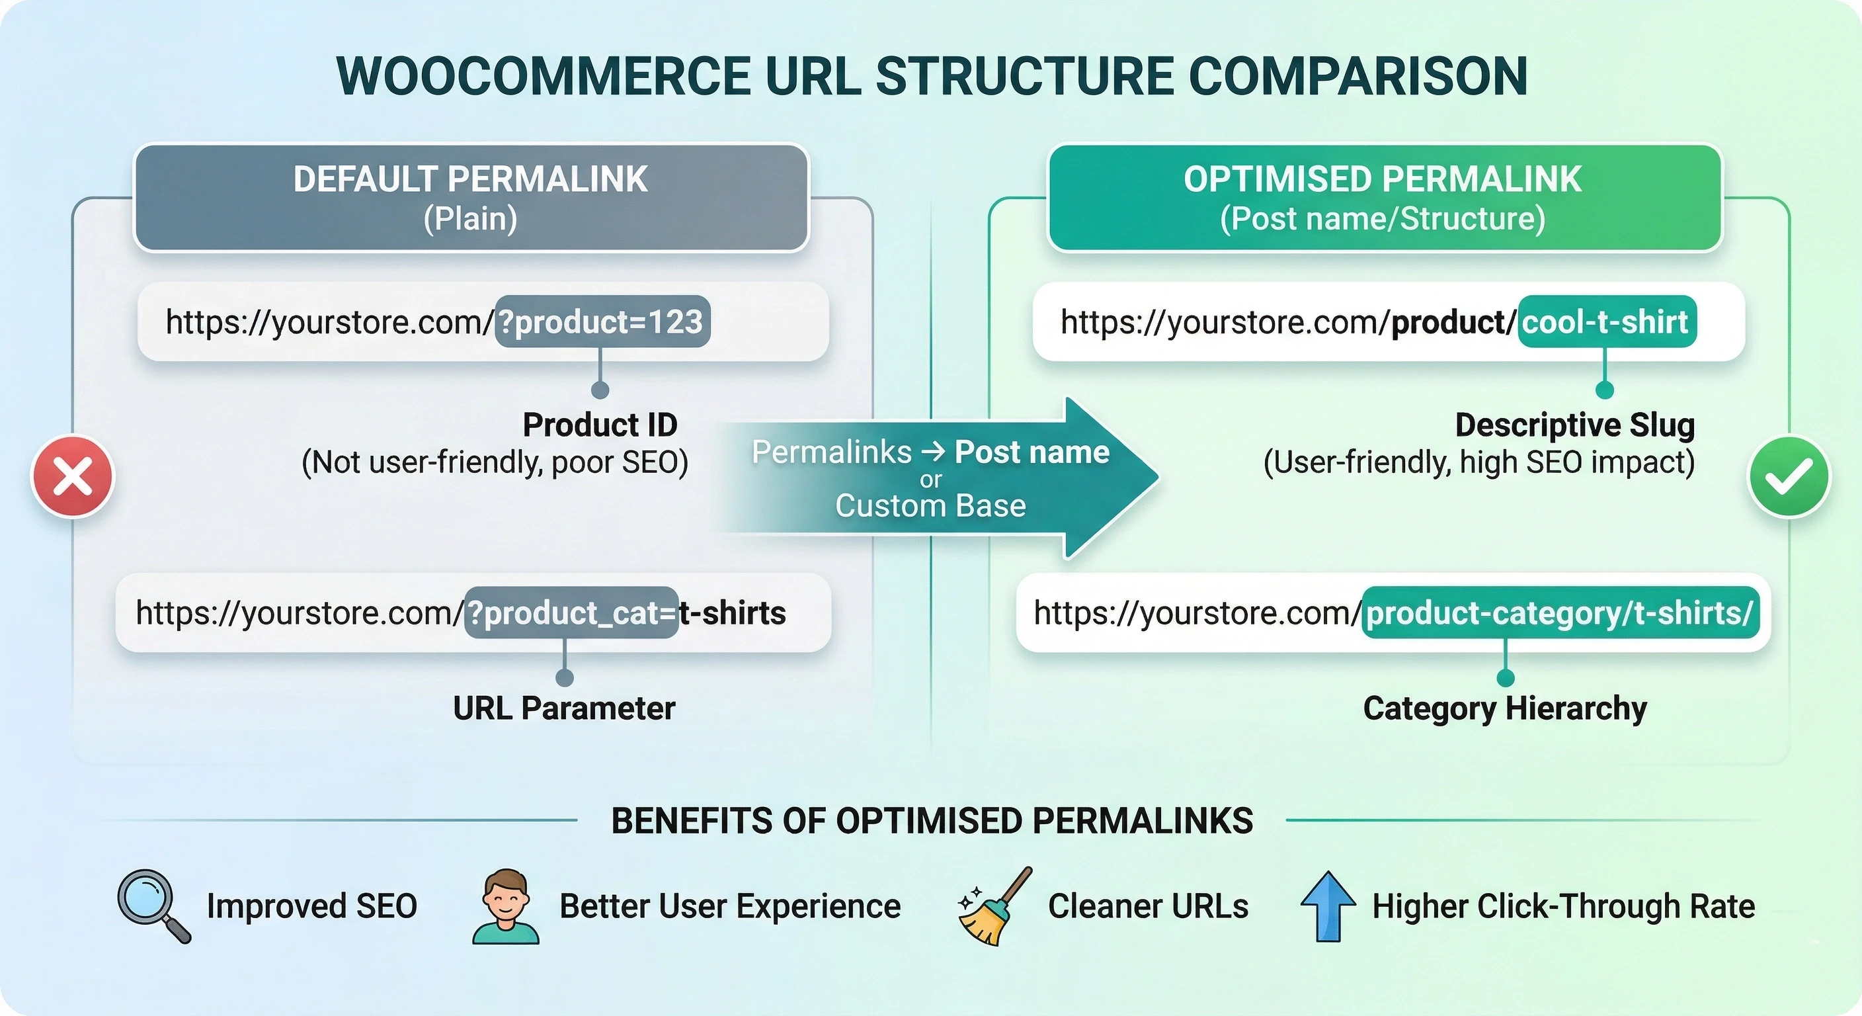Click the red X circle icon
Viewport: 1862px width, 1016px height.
tap(72, 476)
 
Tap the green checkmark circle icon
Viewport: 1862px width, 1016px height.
tap(1789, 476)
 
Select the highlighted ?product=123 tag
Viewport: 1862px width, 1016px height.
tap(602, 321)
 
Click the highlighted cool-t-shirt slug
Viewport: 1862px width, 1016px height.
tap(1606, 321)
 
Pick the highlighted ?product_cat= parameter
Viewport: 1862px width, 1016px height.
tap(571, 613)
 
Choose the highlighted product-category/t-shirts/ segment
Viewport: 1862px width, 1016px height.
tap(1560, 613)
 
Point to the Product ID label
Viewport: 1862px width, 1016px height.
tap(600, 425)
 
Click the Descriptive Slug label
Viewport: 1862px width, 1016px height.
tap(1574, 425)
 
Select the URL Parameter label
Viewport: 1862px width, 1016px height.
tap(564, 708)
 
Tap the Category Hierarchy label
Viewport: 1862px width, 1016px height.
tap(1505, 708)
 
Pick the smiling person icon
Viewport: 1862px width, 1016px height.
tap(505, 906)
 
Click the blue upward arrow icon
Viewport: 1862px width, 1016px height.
tap(1328, 906)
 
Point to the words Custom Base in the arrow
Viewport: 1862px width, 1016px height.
tap(930, 506)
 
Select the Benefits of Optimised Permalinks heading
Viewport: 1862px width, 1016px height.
tap(932, 821)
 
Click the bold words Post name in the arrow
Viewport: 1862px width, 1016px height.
tap(1032, 452)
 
